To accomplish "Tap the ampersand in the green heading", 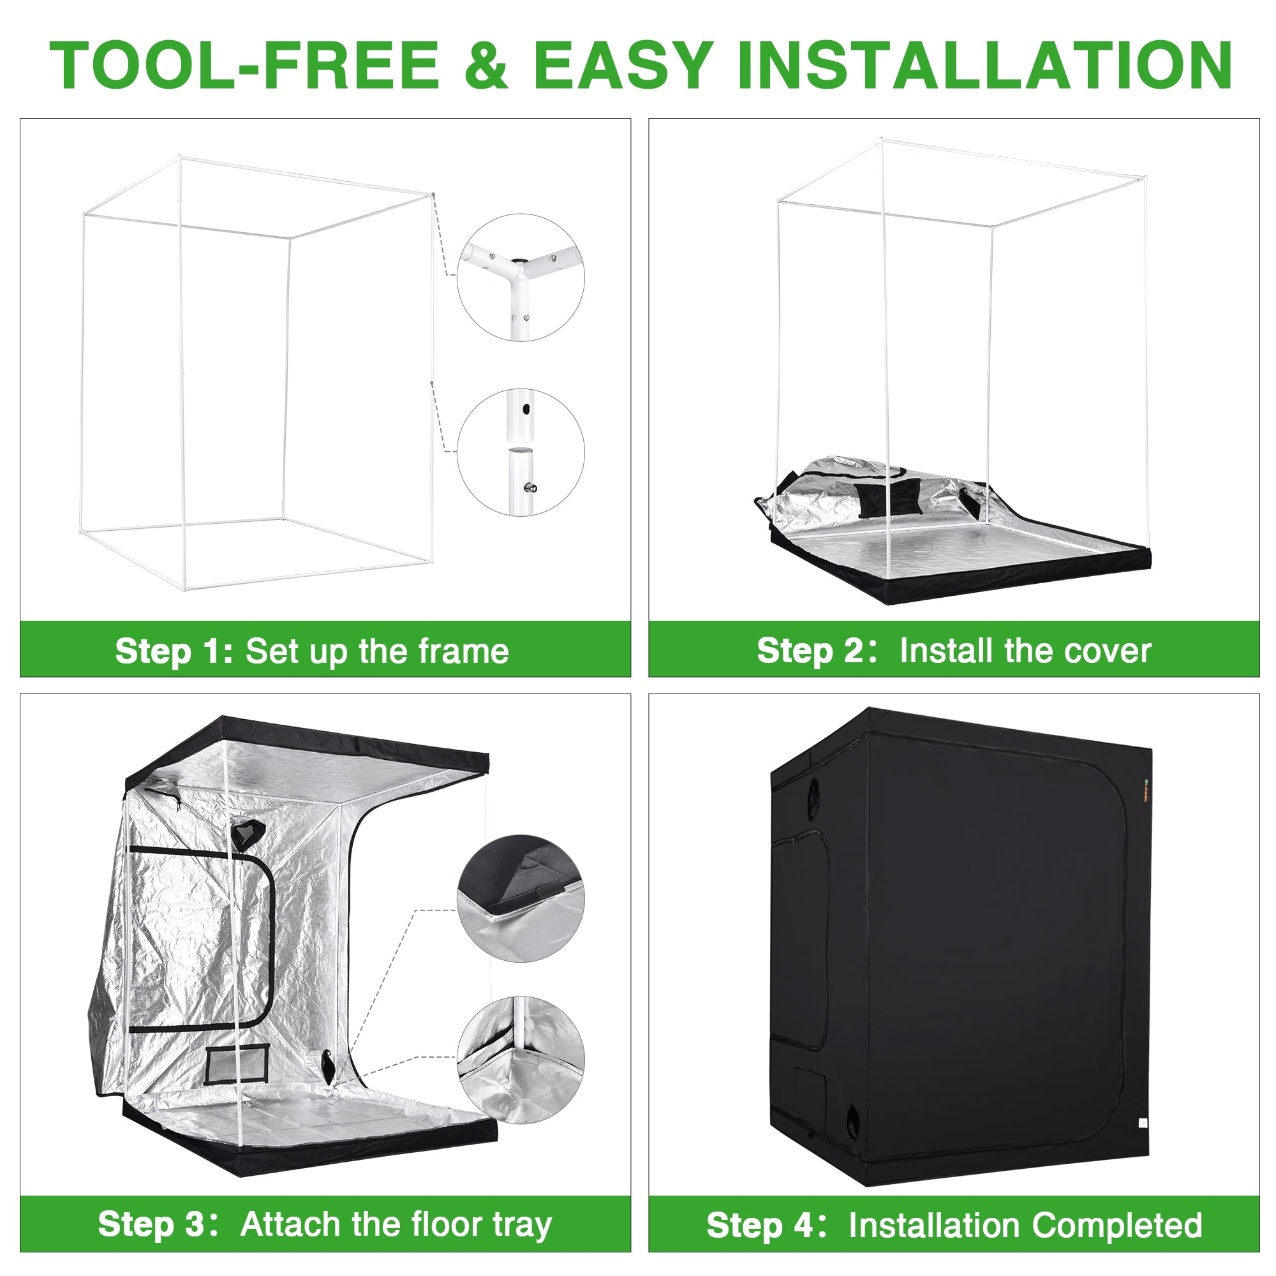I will tap(486, 64).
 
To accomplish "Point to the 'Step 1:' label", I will tap(174, 651).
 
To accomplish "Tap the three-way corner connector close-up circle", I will tap(521, 278).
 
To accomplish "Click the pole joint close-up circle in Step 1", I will tap(521, 452).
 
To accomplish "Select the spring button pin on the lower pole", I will tap(530, 488).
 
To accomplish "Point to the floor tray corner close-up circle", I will tap(521, 1060).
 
